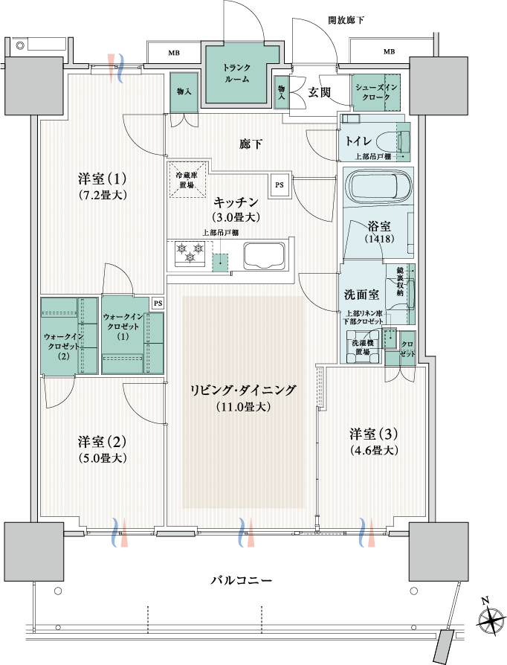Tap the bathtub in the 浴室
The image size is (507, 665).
[378, 188]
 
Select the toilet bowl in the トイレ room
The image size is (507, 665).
[393, 140]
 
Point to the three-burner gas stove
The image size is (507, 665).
[190, 253]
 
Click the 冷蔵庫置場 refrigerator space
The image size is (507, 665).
[187, 179]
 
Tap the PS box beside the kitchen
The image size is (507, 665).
[280, 185]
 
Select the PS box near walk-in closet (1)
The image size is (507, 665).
[158, 303]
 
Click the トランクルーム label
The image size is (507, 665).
[236, 73]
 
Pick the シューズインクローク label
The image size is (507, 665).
[376, 91]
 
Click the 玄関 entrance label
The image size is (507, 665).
[319, 92]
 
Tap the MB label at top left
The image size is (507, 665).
[174, 53]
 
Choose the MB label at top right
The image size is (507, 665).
[389, 52]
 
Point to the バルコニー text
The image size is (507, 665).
[241, 579]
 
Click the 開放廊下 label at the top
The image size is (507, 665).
[346, 20]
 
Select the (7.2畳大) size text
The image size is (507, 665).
[103, 195]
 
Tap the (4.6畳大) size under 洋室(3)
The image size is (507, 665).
[373, 450]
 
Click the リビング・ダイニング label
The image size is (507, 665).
[243, 390]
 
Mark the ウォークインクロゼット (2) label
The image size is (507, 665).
[64, 346]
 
